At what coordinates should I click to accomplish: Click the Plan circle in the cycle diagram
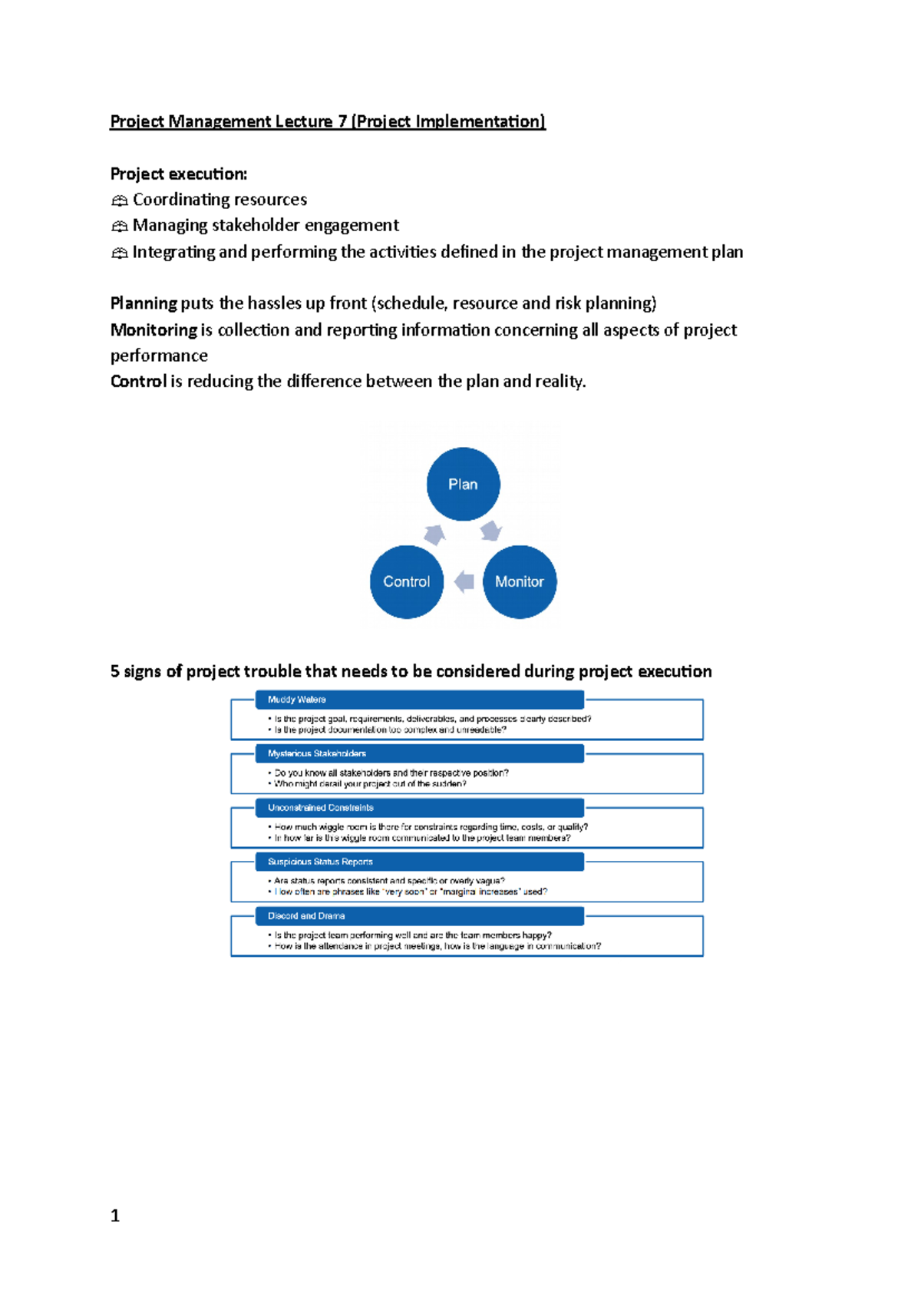(x=463, y=484)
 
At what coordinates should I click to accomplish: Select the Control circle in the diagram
(x=407, y=581)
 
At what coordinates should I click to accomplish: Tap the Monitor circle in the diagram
(x=520, y=581)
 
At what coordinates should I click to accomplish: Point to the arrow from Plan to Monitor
(x=491, y=531)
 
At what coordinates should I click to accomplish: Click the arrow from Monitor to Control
(x=464, y=581)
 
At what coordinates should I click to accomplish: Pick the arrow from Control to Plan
(x=435, y=533)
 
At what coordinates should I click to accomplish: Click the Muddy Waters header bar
(x=419, y=700)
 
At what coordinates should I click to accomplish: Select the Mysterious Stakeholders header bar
(x=419, y=753)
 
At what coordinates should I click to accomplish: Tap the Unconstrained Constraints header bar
(x=419, y=808)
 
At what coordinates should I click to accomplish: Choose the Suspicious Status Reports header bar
(x=419, y=862)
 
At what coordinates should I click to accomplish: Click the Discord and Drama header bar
(x=419, y=916)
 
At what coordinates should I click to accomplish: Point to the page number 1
(x=115, y=1216)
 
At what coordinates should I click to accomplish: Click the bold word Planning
(x=144, y=303)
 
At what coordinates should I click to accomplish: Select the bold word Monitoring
(x=153, y=330)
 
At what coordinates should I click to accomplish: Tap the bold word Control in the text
(x=138, y=382)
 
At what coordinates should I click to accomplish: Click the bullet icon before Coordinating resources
(x=119, y=201)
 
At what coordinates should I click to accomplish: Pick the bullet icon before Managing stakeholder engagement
(x=119, y=227)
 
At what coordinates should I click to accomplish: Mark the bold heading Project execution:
(x=179, y=174)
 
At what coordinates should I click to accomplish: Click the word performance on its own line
(x=159, y=356)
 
